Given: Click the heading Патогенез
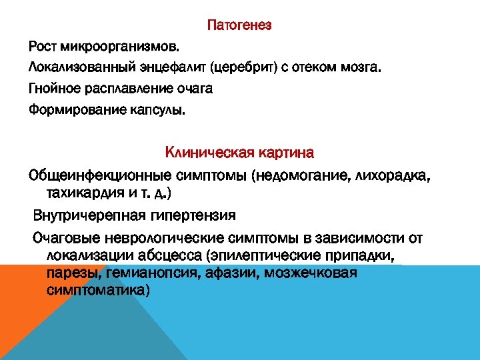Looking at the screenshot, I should [239, 26].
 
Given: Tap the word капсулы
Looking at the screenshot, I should [159, 109].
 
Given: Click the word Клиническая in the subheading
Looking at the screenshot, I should [209, 153].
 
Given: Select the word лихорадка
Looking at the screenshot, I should [394, 175].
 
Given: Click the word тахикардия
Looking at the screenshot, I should [87, 193].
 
